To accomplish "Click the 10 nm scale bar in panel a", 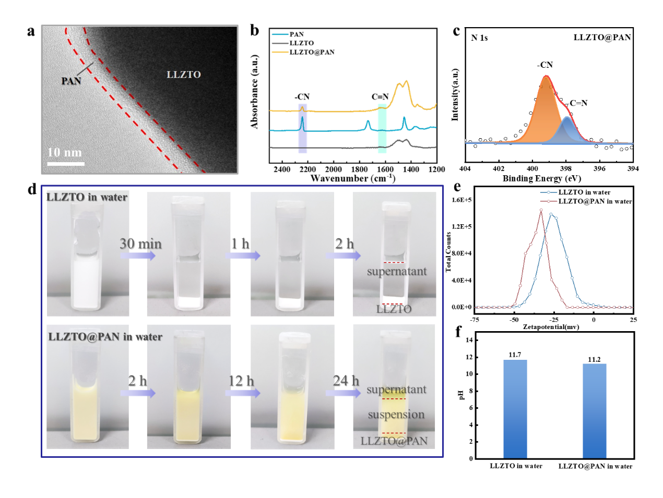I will [x=66, y=164].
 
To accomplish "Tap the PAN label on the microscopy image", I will [x=71, y=81].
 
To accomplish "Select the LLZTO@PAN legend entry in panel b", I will [x=312, y=52].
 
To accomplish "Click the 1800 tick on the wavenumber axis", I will [x=359, y=169].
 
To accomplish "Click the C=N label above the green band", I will [x=380, y=96].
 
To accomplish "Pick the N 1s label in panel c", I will [x=479, y=38].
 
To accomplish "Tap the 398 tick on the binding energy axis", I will [x=566, y=168].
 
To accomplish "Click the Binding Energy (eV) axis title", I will [x=541, y=178].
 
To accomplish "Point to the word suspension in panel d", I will [x=396, y=415].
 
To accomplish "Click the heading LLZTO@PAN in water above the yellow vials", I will [x=105, y=337].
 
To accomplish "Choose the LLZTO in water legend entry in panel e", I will [x=584, y=192].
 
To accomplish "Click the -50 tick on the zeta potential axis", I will [x=514, y=320].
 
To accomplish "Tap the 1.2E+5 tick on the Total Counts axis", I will [x=461, y=226].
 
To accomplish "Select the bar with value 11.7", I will [x=515, y=409].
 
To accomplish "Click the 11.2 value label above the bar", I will [x=594, y=359].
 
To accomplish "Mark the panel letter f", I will [x=458, y=332].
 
